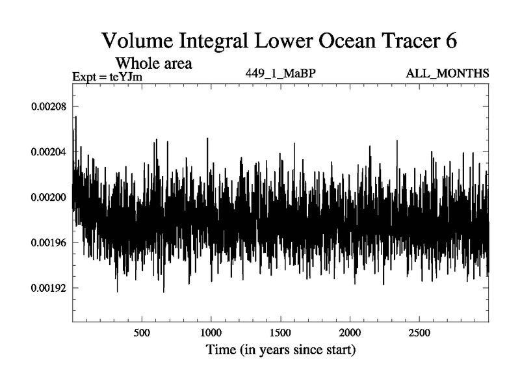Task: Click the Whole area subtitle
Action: pos(153,64)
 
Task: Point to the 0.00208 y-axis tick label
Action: pos(49,107)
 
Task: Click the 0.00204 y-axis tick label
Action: pos(49,152)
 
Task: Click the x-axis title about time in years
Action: pos(281,350)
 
